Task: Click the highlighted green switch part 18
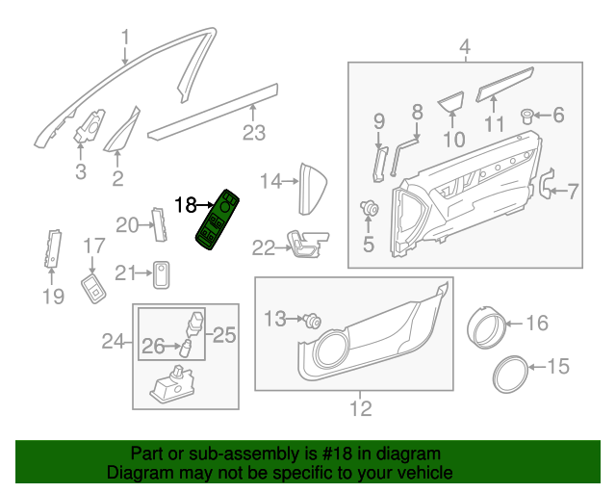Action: pos(219,222)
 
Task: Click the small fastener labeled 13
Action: pos(312,322)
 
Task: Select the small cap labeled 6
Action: pos(528,117)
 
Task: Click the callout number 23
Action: pos(253,133)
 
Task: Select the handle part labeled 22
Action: pos(306,245)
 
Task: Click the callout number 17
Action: pos(92,246)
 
